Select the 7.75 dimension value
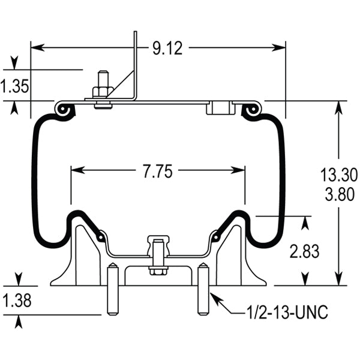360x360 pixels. click(158, 172)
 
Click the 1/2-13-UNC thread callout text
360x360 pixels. click(287, 313)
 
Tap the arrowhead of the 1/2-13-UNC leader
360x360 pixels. click(211, 292)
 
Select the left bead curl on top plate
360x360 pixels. click(64, 109)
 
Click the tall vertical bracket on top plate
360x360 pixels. click(136, 66)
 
